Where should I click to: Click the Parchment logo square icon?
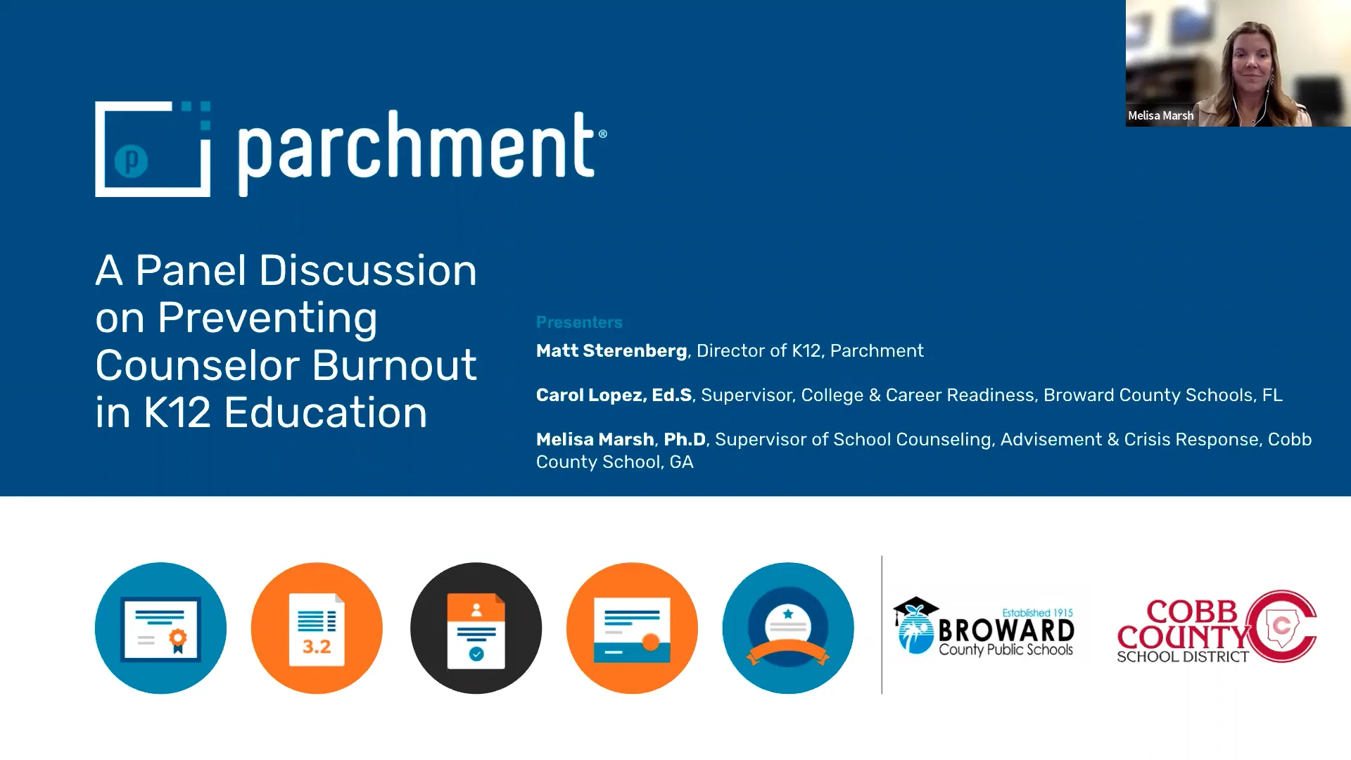[x=153, y=149]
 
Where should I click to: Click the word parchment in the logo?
[x=418, y=148]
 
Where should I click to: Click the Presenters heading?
[x=579, y=322]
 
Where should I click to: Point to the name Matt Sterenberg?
[x=611, y=350]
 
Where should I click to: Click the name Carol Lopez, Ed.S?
[x=614, y=395]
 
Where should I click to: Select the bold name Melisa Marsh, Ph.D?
[x=621, y=439]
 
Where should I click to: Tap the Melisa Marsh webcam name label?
[x=1160, y=115]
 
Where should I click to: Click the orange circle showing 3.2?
[x=317, y=628]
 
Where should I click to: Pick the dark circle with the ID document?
[x=476, y=628]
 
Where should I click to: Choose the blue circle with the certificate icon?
[x=160, y=628]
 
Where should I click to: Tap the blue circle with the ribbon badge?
[x=788, y=628]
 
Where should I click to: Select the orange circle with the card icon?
[x=632, y=628]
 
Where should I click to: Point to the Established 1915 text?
[x=1037, y=613]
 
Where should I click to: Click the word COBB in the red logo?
[x=1191, y=611]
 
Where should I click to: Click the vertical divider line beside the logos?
[x=882, y=625]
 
